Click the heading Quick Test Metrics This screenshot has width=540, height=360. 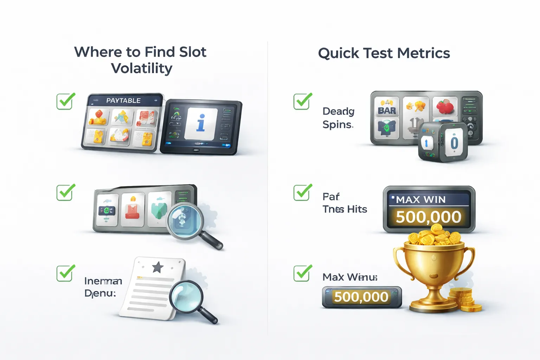(384, 53)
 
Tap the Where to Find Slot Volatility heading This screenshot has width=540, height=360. (140, 60)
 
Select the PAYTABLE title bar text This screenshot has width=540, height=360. (123, 101)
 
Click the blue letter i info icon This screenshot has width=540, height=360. (201, 123)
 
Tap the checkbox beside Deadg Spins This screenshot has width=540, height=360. (302, 102)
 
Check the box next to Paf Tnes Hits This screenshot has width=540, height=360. (302, 193)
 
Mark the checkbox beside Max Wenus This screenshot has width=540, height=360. (302, 274)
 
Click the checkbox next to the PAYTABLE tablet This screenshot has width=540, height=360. (65, 102)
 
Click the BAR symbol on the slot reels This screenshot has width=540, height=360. (387, 110)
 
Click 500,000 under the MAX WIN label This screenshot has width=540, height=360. (429, 217)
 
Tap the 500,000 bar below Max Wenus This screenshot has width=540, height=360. (361, 297)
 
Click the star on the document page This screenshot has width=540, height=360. (157, 268)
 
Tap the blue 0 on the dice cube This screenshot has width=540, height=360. (454, 143)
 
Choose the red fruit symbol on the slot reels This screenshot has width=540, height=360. (445, 107)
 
